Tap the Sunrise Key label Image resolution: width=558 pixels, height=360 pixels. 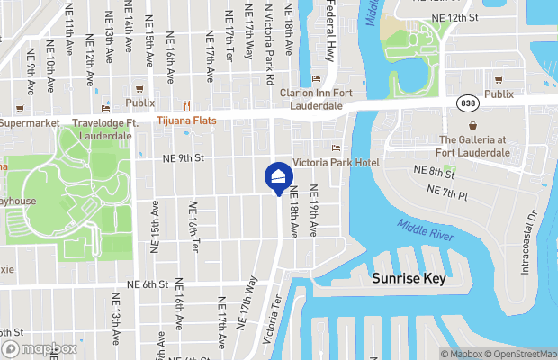point(409,279)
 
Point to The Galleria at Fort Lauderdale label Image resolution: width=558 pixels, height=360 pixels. point(474,146)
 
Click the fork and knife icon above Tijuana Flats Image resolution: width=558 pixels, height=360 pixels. point(187,105)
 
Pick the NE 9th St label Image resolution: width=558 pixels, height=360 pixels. point(184,157)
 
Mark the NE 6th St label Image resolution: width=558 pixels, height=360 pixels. point(148,283)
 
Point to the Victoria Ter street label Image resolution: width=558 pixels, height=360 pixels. point(269,321)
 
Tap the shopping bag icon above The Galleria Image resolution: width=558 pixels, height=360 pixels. point(474,125)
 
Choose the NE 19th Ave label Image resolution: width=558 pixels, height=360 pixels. point(313,211)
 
